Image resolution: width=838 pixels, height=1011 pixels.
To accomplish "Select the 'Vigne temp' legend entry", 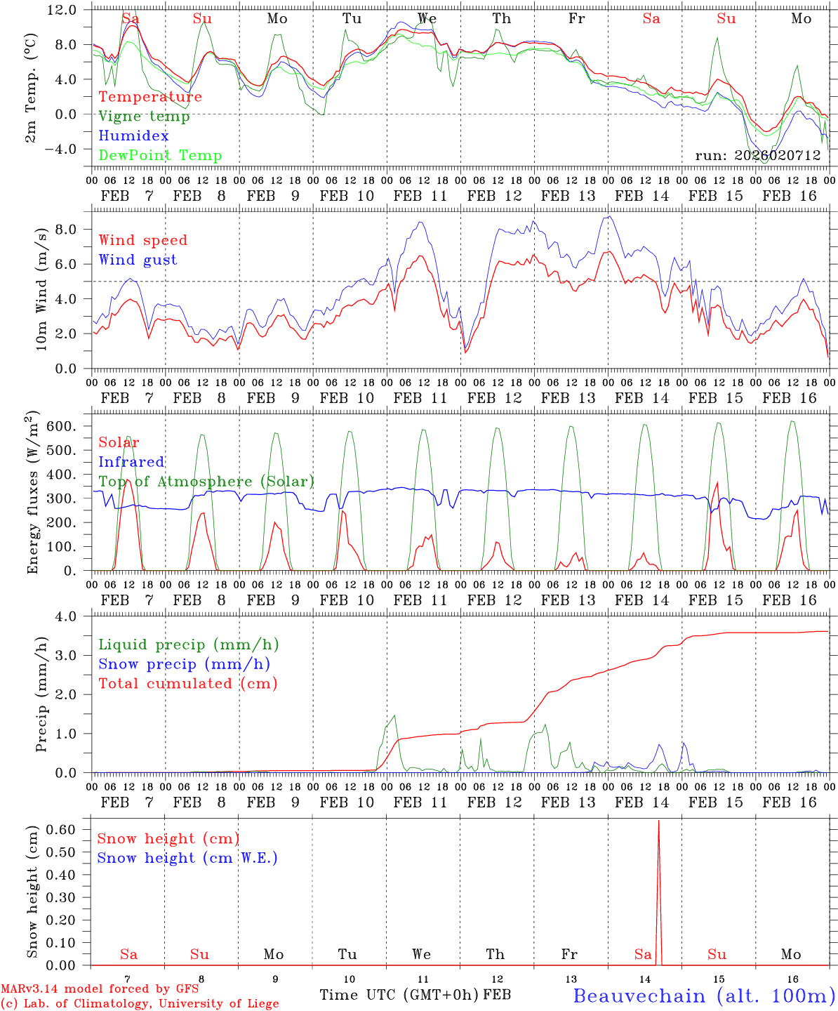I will coord(144,117).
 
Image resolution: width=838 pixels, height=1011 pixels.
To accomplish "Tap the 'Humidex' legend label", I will coord(134,136).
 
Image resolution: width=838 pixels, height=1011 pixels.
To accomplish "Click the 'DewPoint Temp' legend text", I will coord(160,156).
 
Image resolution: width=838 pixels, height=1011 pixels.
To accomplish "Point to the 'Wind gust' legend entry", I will coord(138,260).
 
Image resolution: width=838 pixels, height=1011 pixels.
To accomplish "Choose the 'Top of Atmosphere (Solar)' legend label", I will coord(206,482).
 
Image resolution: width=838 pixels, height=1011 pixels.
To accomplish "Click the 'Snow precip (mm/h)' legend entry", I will coord(184,664).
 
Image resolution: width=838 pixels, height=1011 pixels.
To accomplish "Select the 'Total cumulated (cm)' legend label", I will coord(187,684).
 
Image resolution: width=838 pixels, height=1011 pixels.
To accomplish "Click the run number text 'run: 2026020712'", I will coord(757,156).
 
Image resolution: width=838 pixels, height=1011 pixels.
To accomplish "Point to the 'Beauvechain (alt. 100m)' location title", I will coord(704,996).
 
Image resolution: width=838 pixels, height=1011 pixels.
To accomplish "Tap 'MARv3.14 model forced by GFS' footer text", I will coord(100,989).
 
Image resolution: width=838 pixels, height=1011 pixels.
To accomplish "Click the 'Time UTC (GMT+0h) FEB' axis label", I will coord(415,995).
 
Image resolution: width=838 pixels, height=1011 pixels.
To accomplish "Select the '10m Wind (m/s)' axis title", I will coord(41,289).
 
